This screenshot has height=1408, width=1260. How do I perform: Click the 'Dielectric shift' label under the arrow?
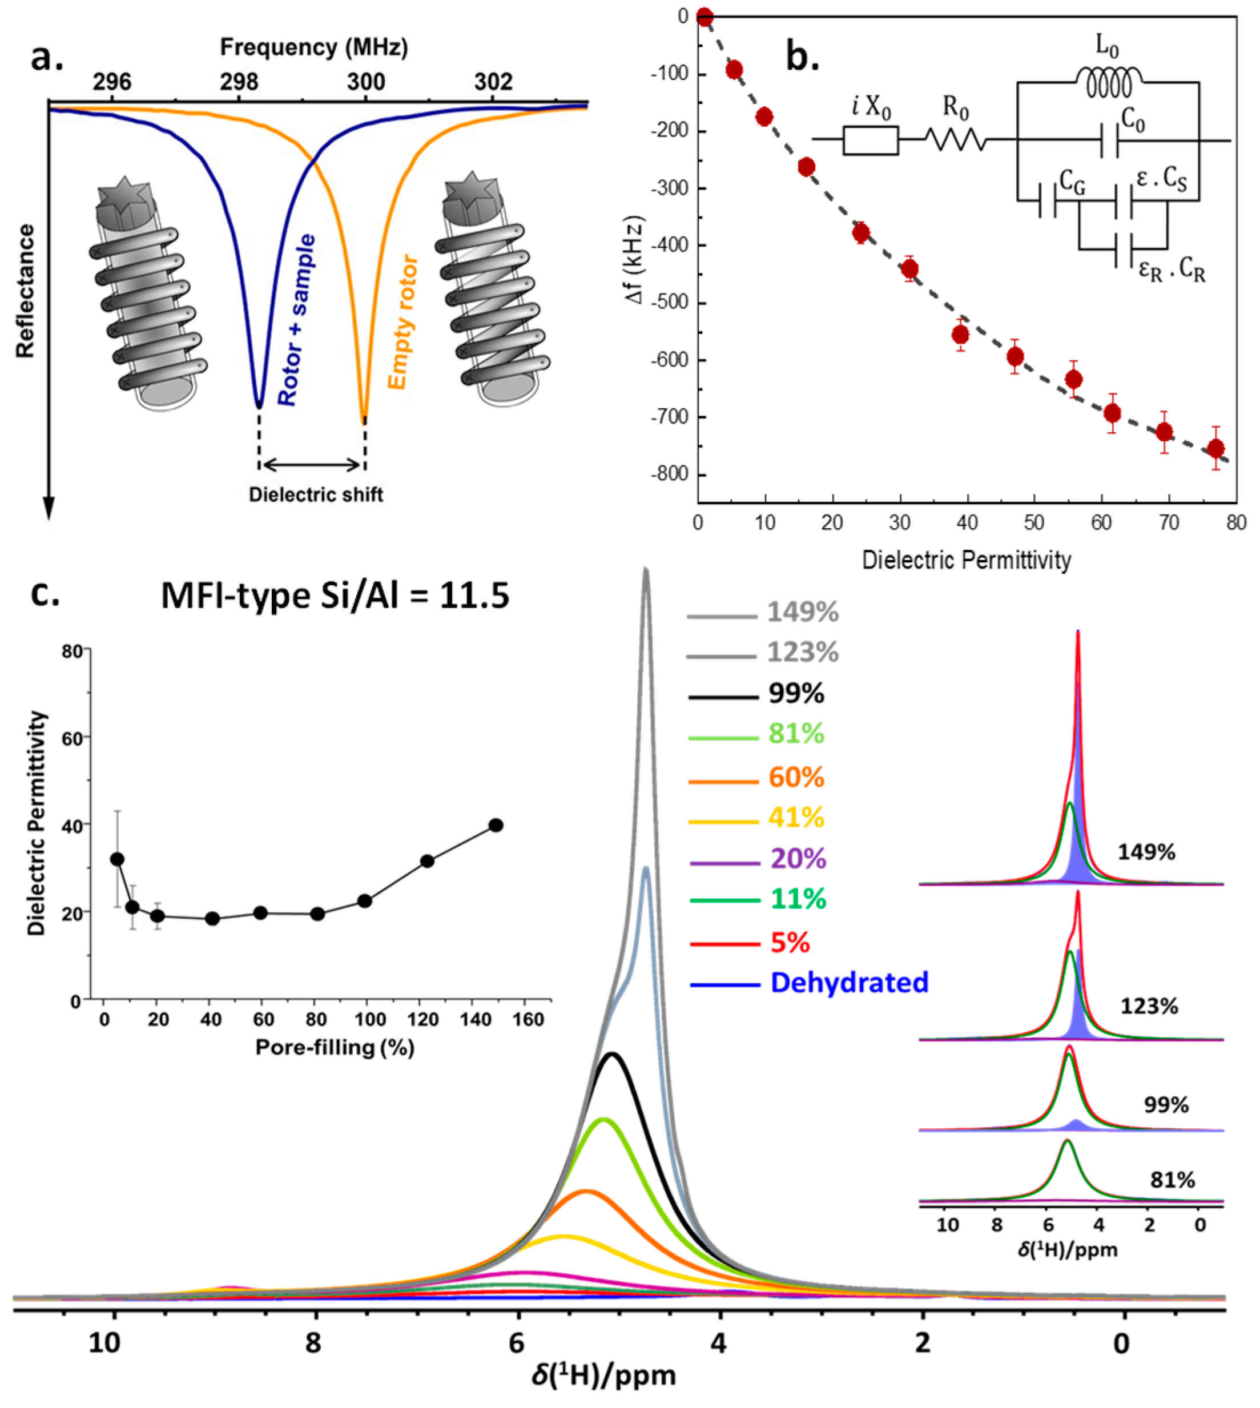(x=316, y=495)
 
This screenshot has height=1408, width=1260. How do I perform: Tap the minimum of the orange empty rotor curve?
(x=364, y=419)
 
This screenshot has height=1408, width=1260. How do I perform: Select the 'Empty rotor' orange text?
(x=403, y=323)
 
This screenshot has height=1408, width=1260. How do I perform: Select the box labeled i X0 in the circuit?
(x=870, y=140)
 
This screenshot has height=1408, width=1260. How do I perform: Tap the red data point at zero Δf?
(x=705, y=17)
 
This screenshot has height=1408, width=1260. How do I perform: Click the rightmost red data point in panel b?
(x=1215, y=449)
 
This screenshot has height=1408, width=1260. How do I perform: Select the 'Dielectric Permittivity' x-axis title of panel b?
(x=967, y=560)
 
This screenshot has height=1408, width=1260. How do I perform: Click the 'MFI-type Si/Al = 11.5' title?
(x=335, y=596)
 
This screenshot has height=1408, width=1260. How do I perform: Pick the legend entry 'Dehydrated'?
(x=849, y=982)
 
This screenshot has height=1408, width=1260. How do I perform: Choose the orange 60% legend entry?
(x=796, y=778)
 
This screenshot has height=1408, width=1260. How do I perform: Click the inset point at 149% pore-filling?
(x=496, y=825)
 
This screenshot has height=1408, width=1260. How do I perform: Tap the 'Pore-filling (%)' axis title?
(x=335, y=1047)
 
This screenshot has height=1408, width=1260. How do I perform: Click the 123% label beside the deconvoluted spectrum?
(x=1149, y=1006)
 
